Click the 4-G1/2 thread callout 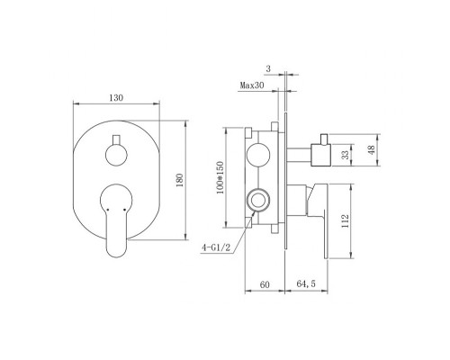(x=220, y=246)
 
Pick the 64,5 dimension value (x=310, y=285)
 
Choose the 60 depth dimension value (x=265, y=285)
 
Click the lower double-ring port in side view (x=260, y=198)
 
